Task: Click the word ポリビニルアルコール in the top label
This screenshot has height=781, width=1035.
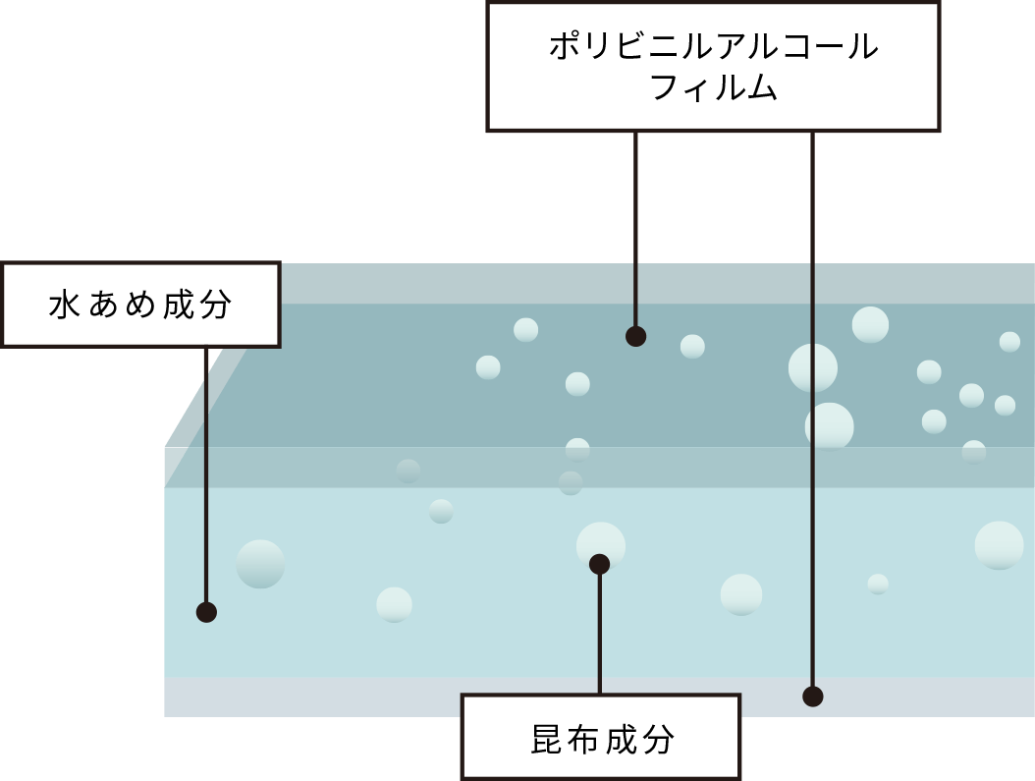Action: [713, 47]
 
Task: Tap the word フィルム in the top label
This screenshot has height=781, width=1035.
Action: [713, 88]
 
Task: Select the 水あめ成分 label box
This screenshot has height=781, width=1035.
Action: [140, 305]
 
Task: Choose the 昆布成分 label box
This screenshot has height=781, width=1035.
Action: [601, 738]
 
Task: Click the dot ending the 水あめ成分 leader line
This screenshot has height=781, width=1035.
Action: [206, 612]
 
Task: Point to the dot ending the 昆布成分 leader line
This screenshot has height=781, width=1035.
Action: [599, 564]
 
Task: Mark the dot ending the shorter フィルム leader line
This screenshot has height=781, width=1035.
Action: [635, 337]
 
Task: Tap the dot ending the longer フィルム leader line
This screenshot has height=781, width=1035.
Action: [812, 697]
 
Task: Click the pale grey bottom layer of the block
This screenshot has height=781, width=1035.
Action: [393, 697]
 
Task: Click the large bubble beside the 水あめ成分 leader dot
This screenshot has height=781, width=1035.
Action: [260, 564]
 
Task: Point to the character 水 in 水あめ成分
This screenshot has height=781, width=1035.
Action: [64, 306]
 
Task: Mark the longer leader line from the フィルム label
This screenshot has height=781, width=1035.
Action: [812, 413]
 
